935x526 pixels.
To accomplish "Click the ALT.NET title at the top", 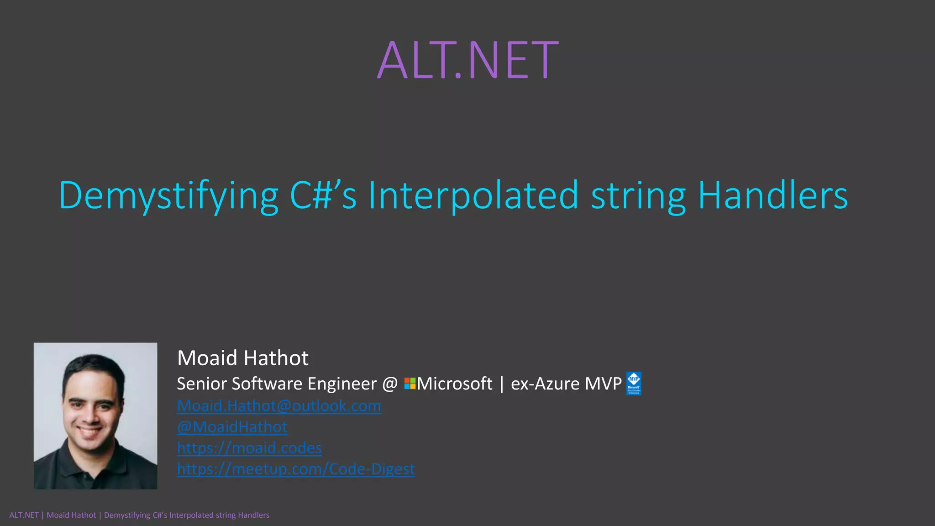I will pos(468,60).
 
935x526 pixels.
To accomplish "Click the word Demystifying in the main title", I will pos(168,195).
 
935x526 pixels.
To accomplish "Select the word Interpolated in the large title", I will pos(473,195).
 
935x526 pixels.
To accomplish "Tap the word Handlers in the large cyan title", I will pos(772,195).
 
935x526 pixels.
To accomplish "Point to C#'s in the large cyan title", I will pos(323,195).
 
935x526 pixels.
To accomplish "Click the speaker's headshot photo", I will pos(95,416).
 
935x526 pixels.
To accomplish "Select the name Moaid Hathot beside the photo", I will pos(242,358).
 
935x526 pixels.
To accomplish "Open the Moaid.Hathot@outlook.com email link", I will pos(279,406).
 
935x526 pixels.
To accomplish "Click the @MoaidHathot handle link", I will pos(232,427).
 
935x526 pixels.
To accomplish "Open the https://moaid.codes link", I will pos(249,448).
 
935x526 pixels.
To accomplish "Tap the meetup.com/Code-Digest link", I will pos(296,469).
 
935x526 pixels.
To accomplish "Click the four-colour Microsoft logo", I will pos(410,384).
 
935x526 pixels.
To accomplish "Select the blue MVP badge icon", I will pos(634,384).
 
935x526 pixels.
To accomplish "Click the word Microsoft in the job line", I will pos(454,384).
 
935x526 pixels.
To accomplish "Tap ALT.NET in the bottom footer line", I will pos(24,515).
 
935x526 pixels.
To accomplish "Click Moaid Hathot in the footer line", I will pos(71,515).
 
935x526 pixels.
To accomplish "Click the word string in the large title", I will pos(638,195).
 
